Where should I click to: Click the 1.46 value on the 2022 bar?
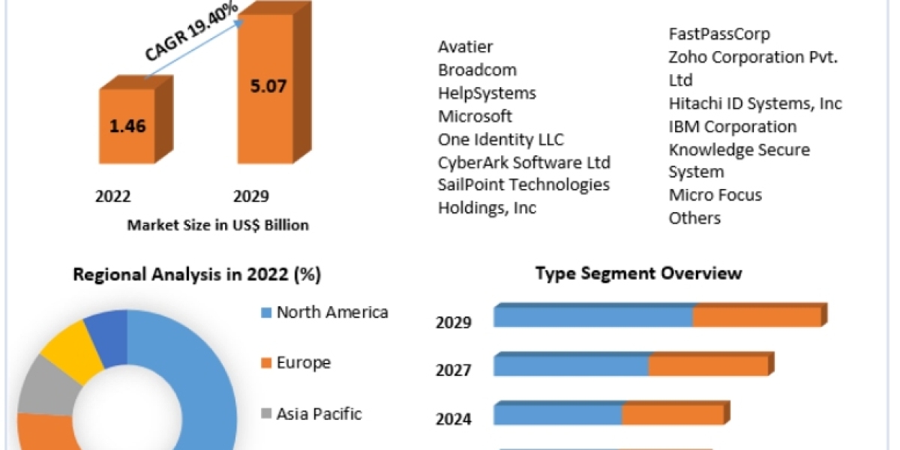(128, 125)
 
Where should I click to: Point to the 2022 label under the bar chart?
(113, 196)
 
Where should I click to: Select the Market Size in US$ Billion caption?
(218, 224)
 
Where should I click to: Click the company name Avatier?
(466, 46)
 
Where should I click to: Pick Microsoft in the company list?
(475, 116)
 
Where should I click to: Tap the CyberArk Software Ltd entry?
(524, 162)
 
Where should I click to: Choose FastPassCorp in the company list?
(719, 34)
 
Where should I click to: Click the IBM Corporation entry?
(733, 127)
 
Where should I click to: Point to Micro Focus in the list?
(715, 195)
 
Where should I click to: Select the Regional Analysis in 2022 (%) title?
(196, 274)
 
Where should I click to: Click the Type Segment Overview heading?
(639, 273)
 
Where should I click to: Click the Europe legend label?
(304, 363)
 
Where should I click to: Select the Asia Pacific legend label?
(319, 413)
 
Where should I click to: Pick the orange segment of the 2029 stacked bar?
(757, 317)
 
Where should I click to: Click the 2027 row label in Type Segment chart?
(454, 370)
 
